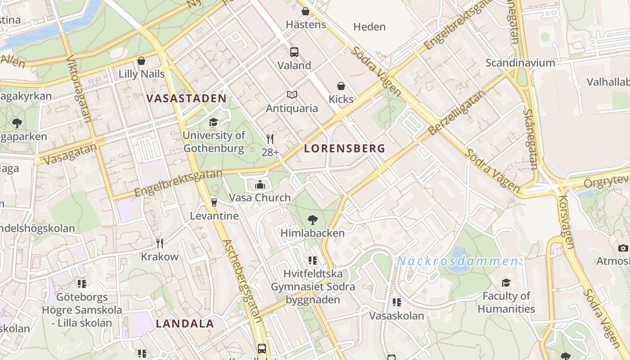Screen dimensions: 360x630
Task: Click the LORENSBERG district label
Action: [345, 148]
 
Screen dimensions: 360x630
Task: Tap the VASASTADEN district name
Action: [186, 99]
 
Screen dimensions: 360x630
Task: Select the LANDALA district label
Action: [184, 323]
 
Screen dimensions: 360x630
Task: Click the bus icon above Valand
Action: [294, 52]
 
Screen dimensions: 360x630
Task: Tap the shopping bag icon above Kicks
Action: [341, 86]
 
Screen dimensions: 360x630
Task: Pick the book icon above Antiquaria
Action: [292, 95]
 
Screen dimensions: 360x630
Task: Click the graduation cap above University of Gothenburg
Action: [213, 122]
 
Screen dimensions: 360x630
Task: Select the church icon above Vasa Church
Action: [260, 184]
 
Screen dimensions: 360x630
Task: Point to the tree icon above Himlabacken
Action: [312, 220]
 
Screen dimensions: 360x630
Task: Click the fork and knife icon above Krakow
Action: [160, 243]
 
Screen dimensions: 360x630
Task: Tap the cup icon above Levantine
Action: [214, 202]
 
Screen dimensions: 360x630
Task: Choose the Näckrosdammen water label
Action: [457, 261]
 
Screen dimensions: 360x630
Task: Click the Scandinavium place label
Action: [520, 63]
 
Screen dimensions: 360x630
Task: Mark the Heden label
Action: [369, 27]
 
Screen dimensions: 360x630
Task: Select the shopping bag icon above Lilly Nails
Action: [141, 61]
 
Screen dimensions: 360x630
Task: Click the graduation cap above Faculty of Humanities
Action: [506, 283]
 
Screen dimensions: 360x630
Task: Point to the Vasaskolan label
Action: [396, 315]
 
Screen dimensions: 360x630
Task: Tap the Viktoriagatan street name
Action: [79, 89]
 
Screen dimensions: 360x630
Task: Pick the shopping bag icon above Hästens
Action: [306, 11]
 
